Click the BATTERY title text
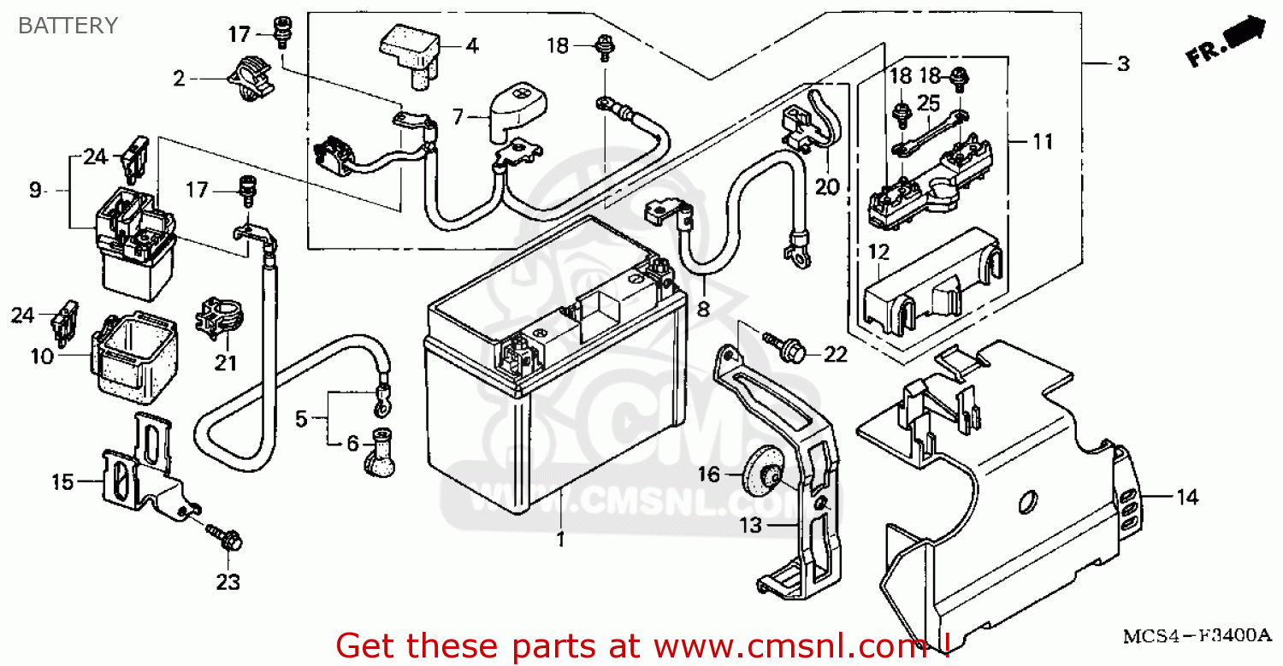tap(68, 26)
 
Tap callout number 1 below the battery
tap(561, 539)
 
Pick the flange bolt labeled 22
tap(779, 346)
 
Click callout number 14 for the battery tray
tap(1188, 498)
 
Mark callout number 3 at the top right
tap(1123, 64)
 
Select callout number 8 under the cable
tap(703, 309)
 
